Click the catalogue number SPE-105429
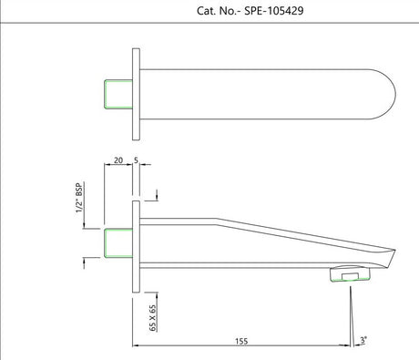(274, 11)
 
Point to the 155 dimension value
(241, 341)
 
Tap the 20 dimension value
(118, 160)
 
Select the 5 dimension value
(136, 160)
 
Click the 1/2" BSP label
(79, 198)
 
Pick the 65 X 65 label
(153, 318)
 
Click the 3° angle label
(363, 340)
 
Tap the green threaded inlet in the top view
(118, 94)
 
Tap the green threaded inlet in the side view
(118, 243)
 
